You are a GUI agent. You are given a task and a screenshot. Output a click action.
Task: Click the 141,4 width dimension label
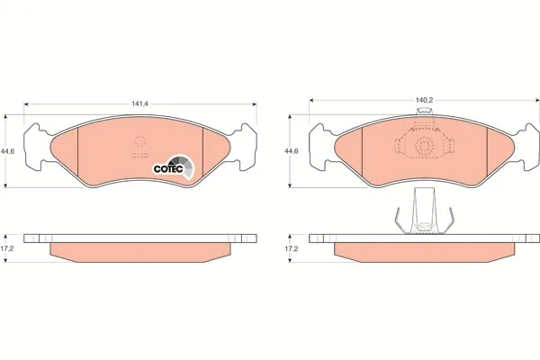click(139, 103)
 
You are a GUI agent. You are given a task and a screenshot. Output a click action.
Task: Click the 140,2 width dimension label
click(424, 100)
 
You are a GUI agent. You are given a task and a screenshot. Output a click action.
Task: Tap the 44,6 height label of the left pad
click(7, 151)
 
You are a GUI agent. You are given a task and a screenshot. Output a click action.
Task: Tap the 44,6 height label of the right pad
click(292, 151)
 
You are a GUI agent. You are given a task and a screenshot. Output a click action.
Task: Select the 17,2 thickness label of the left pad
click(7, 248)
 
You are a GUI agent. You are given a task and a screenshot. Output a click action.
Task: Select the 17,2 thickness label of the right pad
click(292, 248)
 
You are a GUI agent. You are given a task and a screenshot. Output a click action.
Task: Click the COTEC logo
click(174, 167)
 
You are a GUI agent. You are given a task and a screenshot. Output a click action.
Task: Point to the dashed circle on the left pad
click(140, 141)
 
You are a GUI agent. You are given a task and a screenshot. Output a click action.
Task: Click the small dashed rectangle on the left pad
click(140, 155)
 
